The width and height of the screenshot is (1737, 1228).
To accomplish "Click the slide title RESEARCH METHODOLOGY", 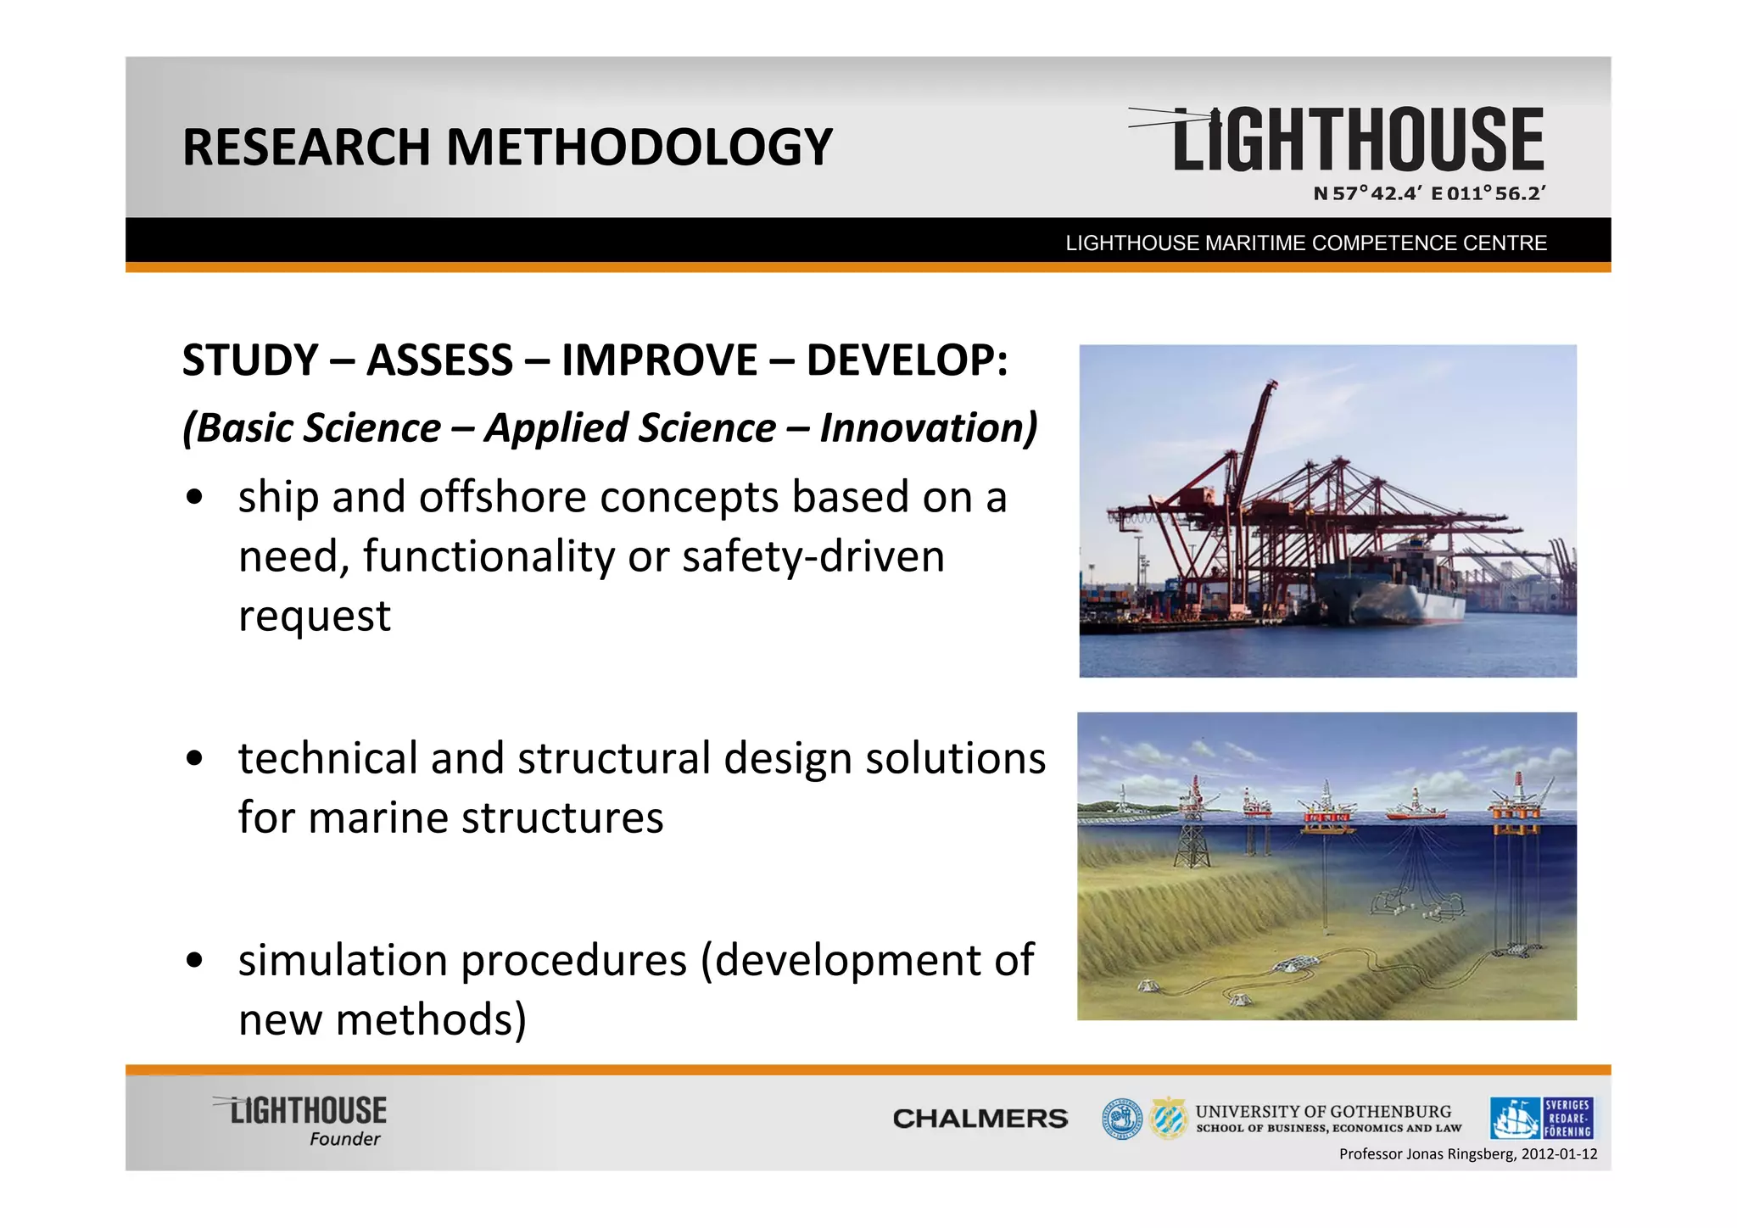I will pyautogui.click(x=507, y=147).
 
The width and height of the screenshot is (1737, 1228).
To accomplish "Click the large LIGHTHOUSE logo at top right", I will pyautogui.click(x=1357, y=140).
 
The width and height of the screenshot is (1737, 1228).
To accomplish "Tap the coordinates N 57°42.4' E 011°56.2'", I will pyautogui.click(x=1429, y=193).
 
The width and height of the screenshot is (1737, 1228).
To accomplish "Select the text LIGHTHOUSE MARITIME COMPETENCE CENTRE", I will pyautogui.click(x=1305, y=243).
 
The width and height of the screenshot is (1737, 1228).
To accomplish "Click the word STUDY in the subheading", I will pyautogui.click(x=250, y=360).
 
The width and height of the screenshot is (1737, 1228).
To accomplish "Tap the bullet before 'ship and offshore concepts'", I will pyautogui.click(x=195, y=498).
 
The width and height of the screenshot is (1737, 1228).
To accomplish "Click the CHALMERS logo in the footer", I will pyautogui.click(x=980, y=1119).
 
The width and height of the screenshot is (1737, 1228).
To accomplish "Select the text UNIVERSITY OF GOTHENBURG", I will pyautogui.click(x=1323, y=1111).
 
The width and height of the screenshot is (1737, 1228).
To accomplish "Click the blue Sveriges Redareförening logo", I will pyautogui.click(x=1541, y=1118).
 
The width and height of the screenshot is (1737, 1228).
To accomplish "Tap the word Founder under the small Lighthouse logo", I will pyautogui.click(x=344, y=1139).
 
